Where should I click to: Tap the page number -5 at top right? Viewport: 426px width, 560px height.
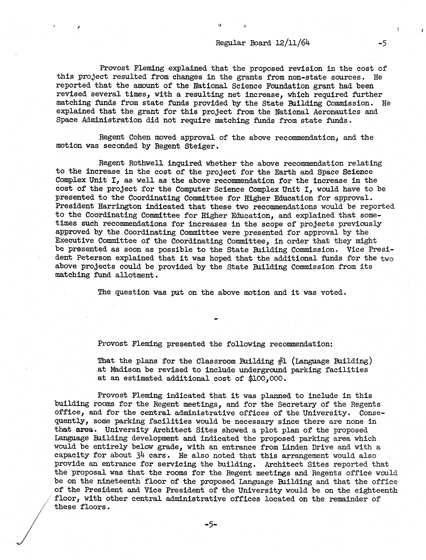[x=382, y=43]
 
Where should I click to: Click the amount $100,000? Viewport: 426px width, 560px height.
[x=267, y=378]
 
